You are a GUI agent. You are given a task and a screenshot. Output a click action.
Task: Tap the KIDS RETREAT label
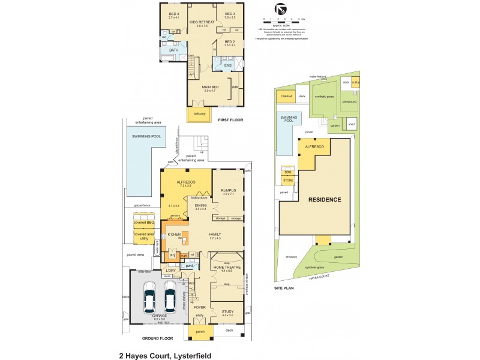202,22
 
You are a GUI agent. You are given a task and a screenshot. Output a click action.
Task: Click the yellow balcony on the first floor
199,114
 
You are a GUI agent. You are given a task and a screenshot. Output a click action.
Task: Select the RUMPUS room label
229,190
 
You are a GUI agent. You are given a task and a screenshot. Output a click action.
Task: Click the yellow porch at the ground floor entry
199,331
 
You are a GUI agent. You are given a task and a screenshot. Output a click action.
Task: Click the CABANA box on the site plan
286,96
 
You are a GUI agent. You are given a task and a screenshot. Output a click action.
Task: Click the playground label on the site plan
349,102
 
